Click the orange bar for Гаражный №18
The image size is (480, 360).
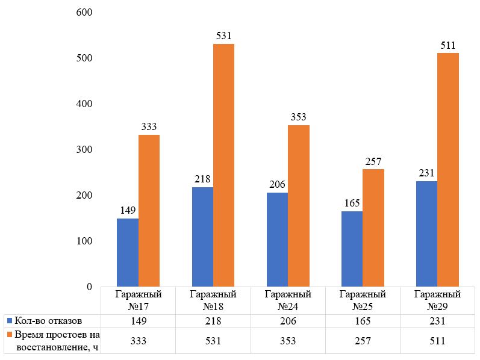pos(223,166)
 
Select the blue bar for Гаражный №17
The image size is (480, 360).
pos(128,252)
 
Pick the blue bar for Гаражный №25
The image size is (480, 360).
pos(352,249)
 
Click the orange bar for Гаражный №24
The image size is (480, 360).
pos(299,206)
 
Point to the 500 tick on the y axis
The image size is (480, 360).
pos(83,58)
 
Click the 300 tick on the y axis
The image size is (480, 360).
pos(83,150)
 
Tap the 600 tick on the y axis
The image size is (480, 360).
pos(83,13)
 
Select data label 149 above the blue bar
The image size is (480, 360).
pos(128,211)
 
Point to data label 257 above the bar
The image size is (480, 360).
pos(373,161)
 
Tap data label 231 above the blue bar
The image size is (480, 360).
pos(426,173)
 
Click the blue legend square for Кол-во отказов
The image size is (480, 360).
pos(8,320)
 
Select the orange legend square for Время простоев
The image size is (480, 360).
pos(8,335)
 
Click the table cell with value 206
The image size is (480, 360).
pos(288,320)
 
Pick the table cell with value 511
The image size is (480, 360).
pos(437,341)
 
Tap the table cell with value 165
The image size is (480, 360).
pos(363,320)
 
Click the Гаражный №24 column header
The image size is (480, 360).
pos(288,300)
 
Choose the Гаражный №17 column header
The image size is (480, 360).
pos(139,300)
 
